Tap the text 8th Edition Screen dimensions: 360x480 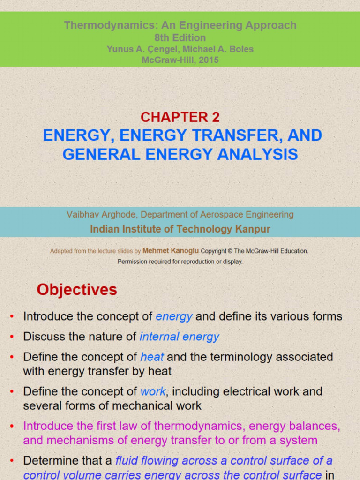180,37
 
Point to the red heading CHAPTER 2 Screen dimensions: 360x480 180,117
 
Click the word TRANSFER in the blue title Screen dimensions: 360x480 235,135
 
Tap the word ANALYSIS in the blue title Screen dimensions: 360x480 257,154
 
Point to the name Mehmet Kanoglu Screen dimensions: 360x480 171,251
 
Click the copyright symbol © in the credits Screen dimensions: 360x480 230,251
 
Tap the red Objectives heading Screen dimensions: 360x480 77,290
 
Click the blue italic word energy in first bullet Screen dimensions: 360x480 174,316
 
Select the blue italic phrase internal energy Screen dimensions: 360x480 180,337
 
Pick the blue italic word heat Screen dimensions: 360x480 152,357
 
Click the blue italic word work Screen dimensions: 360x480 153,391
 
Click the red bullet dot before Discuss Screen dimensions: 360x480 12,337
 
